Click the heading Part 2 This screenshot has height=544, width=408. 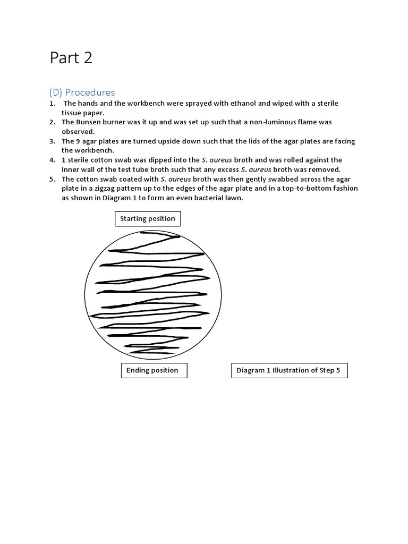tap(71, 58)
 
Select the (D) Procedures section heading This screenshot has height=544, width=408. tap(82, 92)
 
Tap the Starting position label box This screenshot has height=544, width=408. tap(147, 218)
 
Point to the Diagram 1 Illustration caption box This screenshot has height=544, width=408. tap(289, 370)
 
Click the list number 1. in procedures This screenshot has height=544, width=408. tap(52, 103)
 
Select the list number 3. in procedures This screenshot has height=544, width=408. tap(52, 141)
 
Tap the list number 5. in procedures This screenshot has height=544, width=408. tap(52, 179)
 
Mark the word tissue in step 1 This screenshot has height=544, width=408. tap(72, 113)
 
